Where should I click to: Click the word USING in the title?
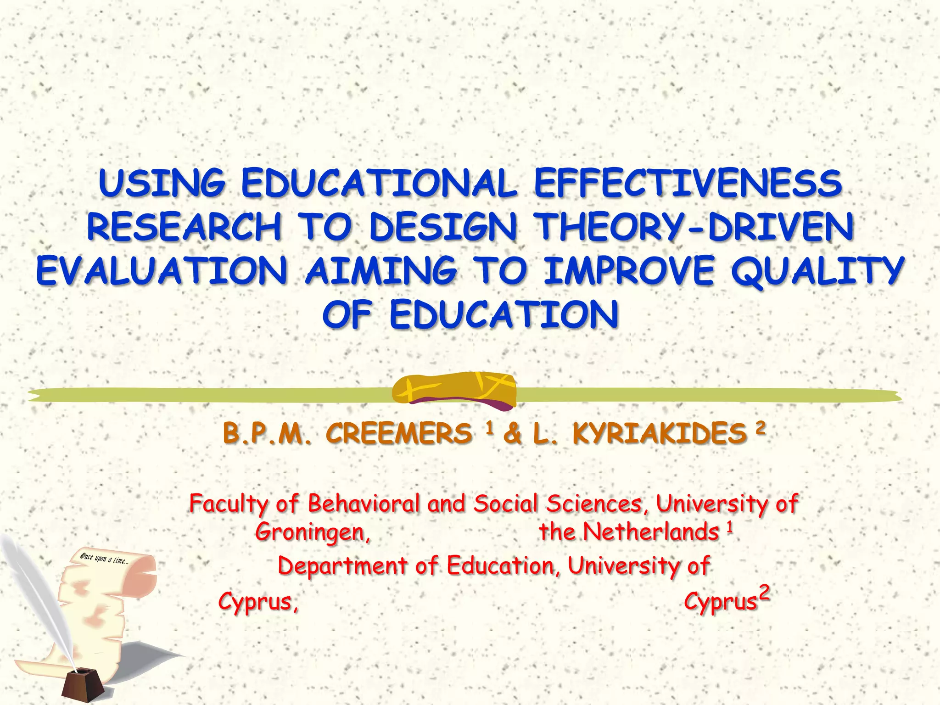coord(162,184)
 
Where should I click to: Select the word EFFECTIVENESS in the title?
coord(688,184)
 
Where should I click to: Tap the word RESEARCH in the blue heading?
coord(184,227)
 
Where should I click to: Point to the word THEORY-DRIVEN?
coord(695,227)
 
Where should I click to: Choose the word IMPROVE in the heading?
coord(629,271)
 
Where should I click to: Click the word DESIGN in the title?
coord(443,227)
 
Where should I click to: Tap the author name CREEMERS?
coord(399,434)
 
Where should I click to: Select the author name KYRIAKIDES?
coord(659,434)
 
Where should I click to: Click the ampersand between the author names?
coord(512,434)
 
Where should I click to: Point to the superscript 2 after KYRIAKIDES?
coord(761,428)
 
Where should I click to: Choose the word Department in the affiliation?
coord(342,565)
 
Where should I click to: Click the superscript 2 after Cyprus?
coord(764,593)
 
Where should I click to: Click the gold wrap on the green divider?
coord(454,390)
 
